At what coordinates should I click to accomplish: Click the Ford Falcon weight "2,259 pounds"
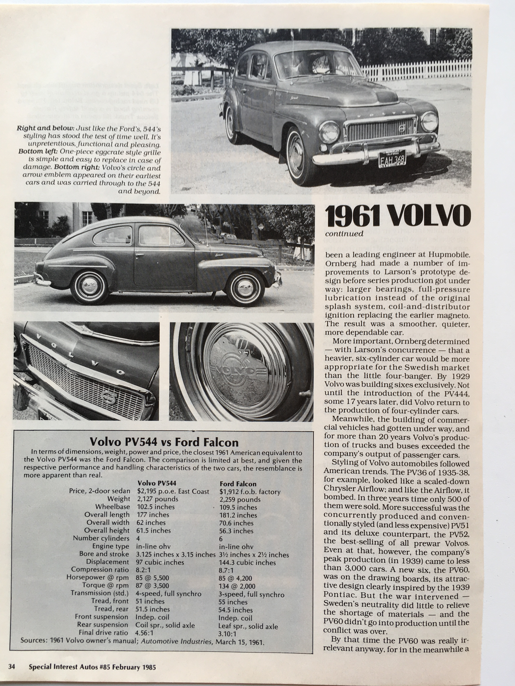pos(240,500)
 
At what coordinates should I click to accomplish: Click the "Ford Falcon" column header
pos(238,484)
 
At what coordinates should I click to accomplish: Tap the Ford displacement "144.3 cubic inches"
pos(247,563)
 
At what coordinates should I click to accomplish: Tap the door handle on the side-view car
pos(139,255)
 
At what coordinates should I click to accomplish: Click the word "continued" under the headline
pos(344,234)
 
